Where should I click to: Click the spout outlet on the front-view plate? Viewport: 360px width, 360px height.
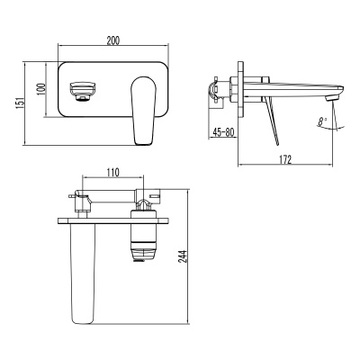coord(82,90)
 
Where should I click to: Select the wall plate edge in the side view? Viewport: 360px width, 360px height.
coord(238,90)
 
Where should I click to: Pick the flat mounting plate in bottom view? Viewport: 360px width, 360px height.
coord(117,220)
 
